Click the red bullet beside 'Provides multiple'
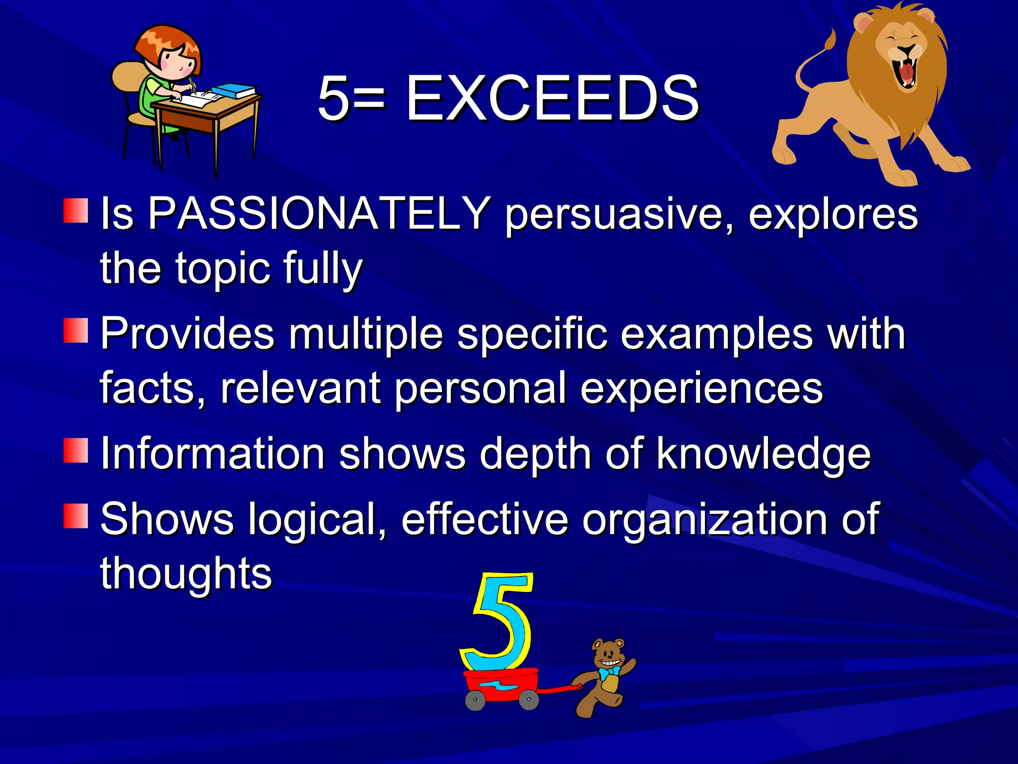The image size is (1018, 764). click(76, 331)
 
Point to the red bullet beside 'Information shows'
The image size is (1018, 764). click(76, 451)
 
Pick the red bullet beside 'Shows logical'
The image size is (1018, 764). click(76, 516)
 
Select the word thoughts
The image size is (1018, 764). click(186, 573)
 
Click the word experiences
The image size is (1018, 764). click(701, 388)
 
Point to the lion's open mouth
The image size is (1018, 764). click(907, 72)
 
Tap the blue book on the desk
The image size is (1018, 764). click(234, 91)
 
